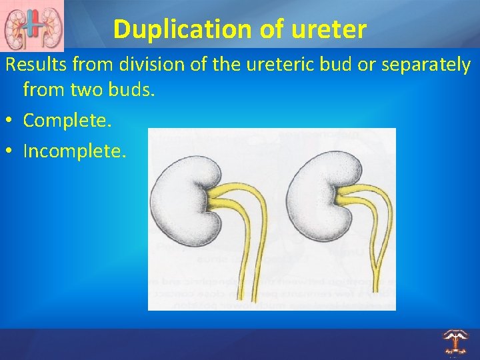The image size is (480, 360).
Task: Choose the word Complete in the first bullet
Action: point(67,120)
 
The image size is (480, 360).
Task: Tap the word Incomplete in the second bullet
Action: point(73,151)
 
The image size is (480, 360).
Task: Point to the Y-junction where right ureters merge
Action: point(377,264)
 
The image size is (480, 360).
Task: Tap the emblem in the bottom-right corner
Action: point(455,341)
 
